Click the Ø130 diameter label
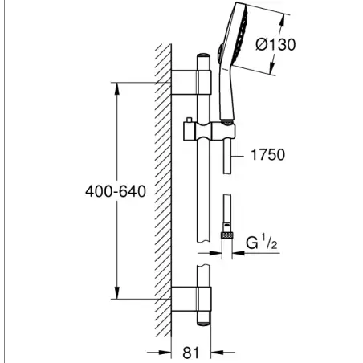point(275,44)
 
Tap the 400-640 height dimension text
point(116,191)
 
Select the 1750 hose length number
point(268,155)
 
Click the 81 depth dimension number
point(191,353)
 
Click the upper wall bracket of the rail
point(191,83)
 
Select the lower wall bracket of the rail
point(191,299)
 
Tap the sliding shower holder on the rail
point(210,132)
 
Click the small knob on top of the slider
point(190,120)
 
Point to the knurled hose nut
point(227,235)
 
